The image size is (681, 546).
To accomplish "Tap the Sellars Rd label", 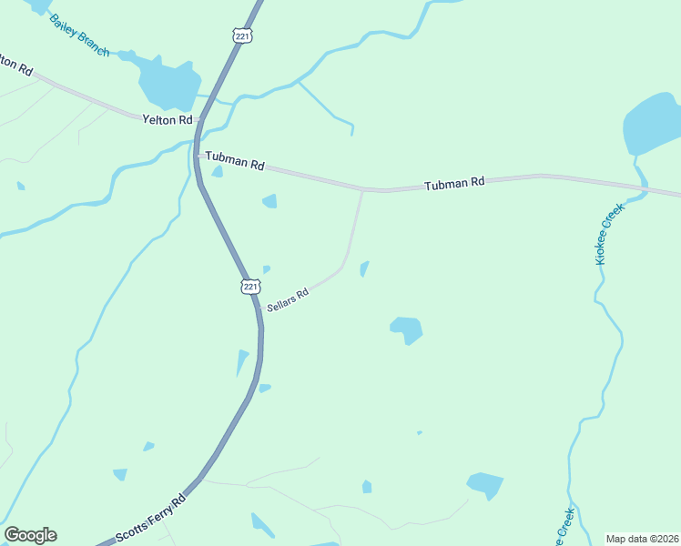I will (287, 298).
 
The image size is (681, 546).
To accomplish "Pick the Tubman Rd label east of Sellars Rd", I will (453, 184).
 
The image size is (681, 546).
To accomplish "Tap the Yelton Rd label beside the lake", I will (168, 119).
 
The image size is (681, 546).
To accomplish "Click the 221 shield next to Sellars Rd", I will (250, 286).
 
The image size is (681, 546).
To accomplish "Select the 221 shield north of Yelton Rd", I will (242, 35).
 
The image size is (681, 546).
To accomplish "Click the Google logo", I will (30, 535).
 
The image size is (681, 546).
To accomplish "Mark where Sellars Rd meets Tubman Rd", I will (362, 190).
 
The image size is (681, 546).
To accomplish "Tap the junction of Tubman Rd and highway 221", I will (197, 156).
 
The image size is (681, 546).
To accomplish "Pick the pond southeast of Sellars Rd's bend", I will (406, 329).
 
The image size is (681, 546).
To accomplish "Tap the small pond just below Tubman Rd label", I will (269, 201).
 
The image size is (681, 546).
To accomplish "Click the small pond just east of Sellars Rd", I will (364, 268).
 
